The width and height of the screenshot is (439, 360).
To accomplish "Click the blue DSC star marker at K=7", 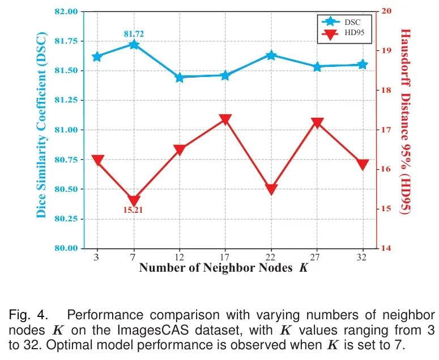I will tap(134, 44).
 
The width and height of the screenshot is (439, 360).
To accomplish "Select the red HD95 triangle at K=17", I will tap(225, 119).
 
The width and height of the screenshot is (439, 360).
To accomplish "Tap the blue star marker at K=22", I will tap(271, 55).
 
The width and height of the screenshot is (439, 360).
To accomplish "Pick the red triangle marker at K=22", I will tap(271, 190).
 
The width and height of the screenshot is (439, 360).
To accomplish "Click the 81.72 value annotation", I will tap(134, 34).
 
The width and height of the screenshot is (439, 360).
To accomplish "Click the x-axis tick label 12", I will tap(180, 257).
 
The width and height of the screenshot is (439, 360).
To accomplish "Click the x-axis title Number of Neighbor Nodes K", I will tap(223, 268).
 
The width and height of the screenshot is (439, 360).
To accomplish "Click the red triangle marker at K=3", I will tap(97, 160).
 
